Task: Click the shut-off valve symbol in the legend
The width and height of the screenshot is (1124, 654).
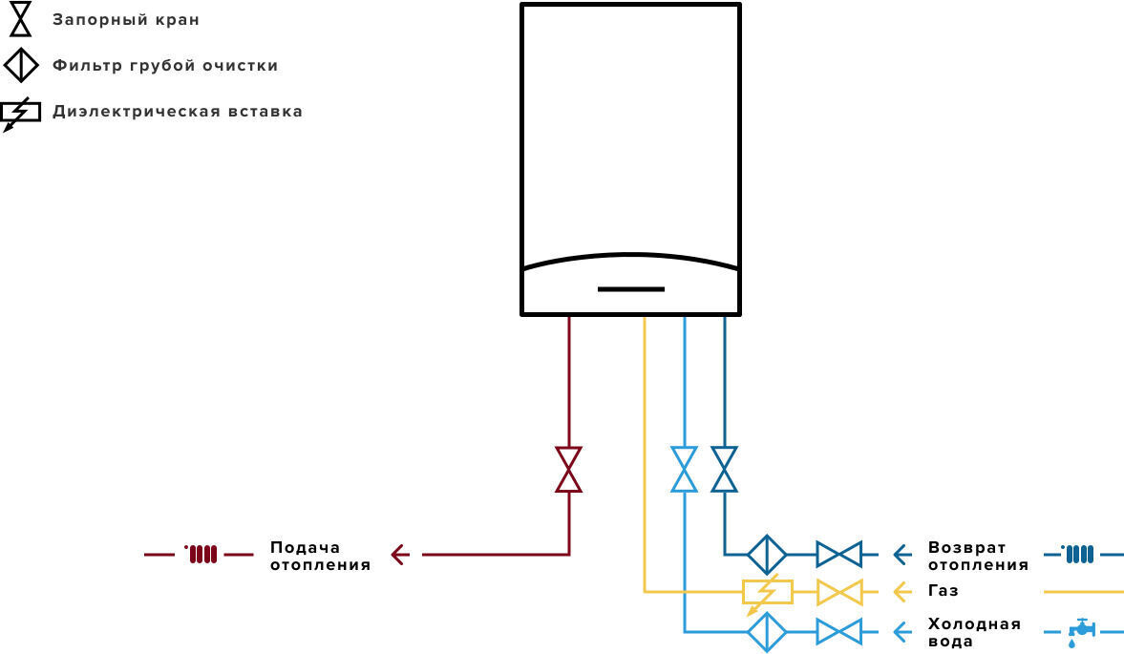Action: pyautogui.click(x=20, y=19)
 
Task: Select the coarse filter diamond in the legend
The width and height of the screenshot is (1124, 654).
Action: pyautogui.click(x=21, y=65)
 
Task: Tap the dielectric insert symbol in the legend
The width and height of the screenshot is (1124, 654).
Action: pyautogui.click(x=20, y=114)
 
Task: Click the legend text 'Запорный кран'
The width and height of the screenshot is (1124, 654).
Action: pyautogui.click(x=125, y=20)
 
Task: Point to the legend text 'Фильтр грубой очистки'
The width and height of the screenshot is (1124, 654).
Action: pyautogui.click(x=165, y=66)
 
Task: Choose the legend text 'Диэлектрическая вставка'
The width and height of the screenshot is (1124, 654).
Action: pyautogui.click(x=177, y=112)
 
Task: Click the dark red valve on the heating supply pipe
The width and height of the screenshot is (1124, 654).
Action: pyautogui.click(x=569, y=470)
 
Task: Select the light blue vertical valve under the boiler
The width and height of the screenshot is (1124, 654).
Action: pyautogui.click(x=684, y=470)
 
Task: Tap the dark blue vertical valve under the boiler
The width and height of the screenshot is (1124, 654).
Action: pyautogui.click(x=724, y=470)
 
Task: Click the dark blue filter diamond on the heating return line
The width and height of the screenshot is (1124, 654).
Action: pyautogui.click(x=767, y=555)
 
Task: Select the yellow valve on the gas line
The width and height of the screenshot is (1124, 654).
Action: pyautogui.click(x=838, y=592)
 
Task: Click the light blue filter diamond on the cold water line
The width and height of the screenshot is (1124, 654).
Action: pyautogui.click(x=767, y=632)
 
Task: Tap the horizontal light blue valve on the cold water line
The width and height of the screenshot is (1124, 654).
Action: pyautogui.click(x=838, y=632)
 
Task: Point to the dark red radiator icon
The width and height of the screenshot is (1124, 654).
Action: pyautogui.click(x=201, y=554)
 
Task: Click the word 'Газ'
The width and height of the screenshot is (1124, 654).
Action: pyautogui.click(x=943, y=591)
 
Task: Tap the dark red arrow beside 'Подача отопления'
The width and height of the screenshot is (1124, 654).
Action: pyautogui.click(x=400, y=555)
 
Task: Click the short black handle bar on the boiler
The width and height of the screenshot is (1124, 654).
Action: pyautogui.click(x=631, y=289)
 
